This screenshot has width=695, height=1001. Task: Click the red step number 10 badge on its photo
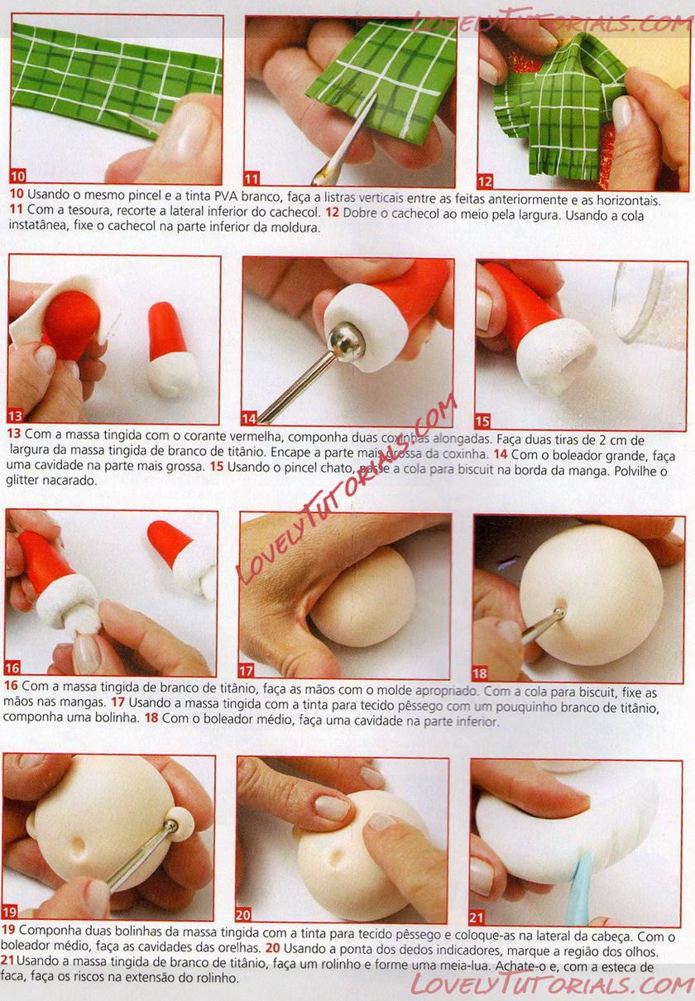[18, 176]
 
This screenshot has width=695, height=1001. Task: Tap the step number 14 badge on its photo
[248, 419]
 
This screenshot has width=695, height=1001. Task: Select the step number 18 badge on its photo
[480, 673]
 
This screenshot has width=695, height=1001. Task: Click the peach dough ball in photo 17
[363, 596]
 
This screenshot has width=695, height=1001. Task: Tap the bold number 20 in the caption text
[272, 948]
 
